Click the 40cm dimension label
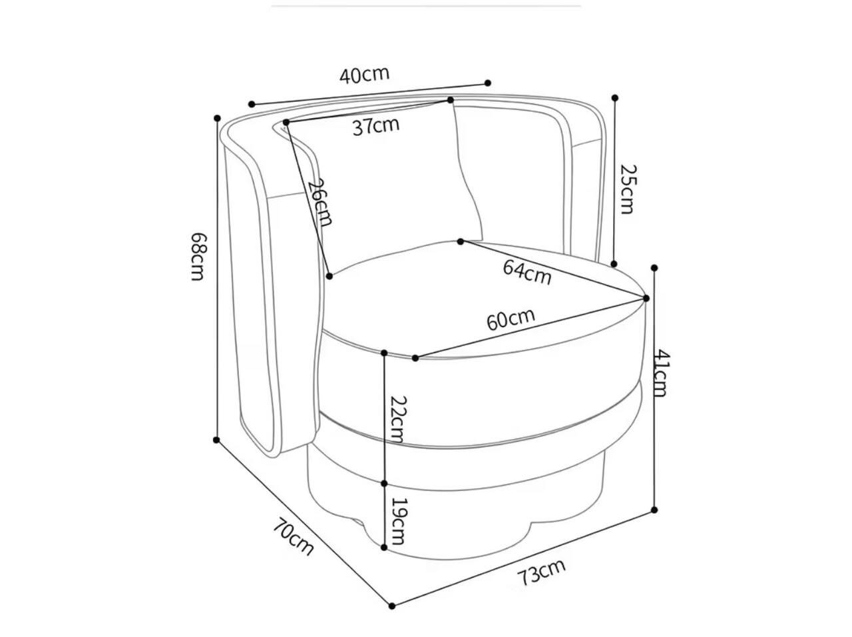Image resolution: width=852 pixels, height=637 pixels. click(364, 75)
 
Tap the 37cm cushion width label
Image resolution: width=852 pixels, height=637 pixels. click(375, 126)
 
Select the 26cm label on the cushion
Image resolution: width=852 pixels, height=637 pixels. click(321, 203)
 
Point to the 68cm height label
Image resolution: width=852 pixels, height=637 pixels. click(197, 257)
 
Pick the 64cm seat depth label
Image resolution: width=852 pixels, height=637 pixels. click(527, 273)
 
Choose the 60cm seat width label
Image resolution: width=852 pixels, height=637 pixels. click(511, 319)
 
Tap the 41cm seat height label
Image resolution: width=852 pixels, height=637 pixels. click(662, 373)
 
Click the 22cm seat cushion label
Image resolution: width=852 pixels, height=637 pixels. click(398, 420)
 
